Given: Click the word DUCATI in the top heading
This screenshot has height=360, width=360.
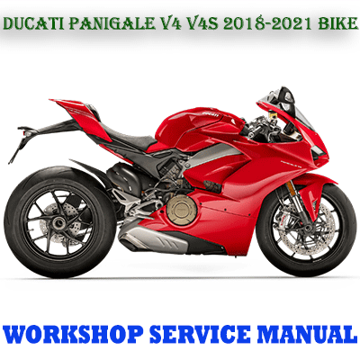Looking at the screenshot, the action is pyautogui.click(x=33, y=24).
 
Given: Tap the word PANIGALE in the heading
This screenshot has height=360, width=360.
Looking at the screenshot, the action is pyautogui.click(x=111, y=24).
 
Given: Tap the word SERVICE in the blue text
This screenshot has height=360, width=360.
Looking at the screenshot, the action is pyautogui.click(x=200, y=334).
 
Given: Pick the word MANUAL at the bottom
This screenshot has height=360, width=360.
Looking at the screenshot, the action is pyautogui.click(x=305, y=334).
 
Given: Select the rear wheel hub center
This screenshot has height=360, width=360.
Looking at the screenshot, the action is pyautogui.click(x=58, y=222).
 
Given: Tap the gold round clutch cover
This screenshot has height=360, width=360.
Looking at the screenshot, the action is pyautogui.click(x=182, y=209).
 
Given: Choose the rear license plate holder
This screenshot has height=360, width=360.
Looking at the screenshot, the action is pyautogui.click(x=22, y=141).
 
